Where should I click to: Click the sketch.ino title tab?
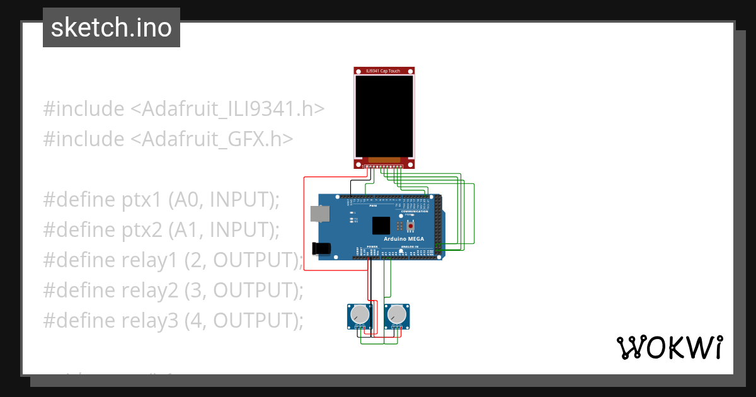click(112, 28)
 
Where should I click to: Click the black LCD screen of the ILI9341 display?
click(384, 117)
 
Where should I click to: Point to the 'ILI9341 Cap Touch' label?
click(384, 71)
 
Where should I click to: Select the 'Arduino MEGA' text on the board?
click(403, 239)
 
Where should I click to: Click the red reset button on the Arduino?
click(411, 225)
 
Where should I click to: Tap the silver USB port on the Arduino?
click(320, 214)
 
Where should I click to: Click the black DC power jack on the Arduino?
click(322, 248)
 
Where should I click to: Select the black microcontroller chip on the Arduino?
click(381, 226)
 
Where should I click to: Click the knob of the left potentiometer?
click(358, 313)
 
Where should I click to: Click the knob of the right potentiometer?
click(396, 313)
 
